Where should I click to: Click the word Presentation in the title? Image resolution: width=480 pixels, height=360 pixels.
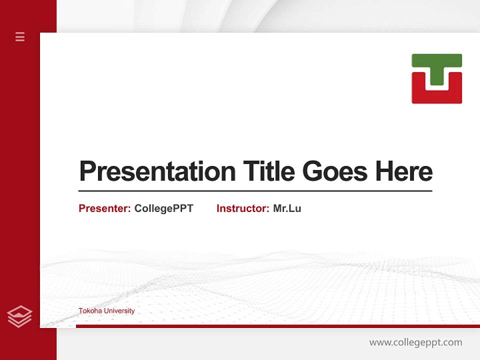pyautogui.click(x=157, y=171)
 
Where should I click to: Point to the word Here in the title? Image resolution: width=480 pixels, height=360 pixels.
pyautogui.click(x=403, y=171)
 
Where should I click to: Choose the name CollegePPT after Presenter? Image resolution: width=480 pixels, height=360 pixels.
pyautogui.click(x=163, y=208)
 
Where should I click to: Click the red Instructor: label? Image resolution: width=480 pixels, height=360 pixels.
pyautogui.click(x=243, y=208)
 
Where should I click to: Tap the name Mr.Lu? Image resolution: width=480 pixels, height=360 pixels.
pyautogui.click(x=287, y=208)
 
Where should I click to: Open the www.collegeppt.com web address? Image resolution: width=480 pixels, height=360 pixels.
pyautogui.click(x=415, y=342)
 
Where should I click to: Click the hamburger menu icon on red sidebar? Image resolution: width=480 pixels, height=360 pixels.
pyautogui.click(x=20, y=36)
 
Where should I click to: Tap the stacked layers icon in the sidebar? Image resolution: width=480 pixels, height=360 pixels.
pyautogui.click(x=19, y=316)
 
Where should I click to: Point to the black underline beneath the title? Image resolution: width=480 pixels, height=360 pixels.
pyautogui.click(x=255, y=190)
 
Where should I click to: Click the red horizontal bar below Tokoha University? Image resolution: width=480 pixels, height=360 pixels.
pyautogui.click(x=277, y=326)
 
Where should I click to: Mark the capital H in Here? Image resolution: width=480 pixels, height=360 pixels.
pyautogui.click(x=384, y=171)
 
